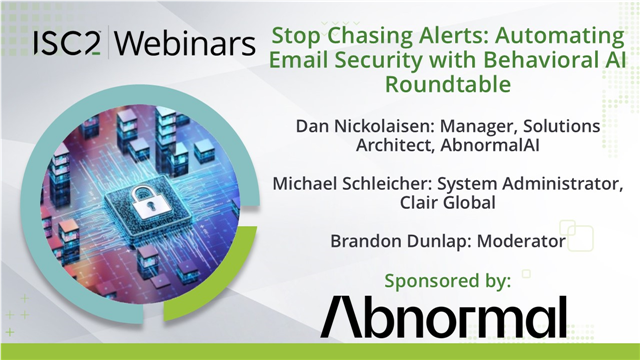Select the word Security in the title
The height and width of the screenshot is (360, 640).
[x=384, y=61]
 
